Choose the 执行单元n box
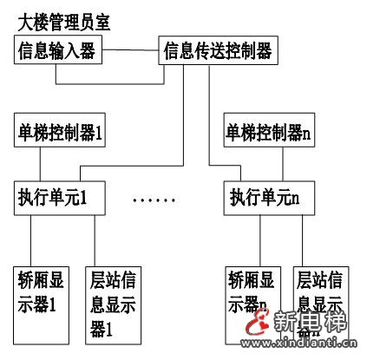coord(265,197)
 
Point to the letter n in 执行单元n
coord(295,198)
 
